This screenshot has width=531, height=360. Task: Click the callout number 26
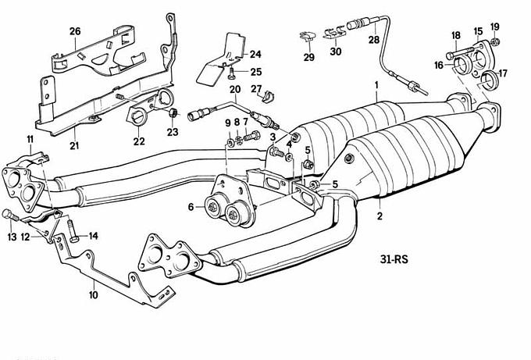pos(75,31)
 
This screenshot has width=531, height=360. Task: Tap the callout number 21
pos(74,145)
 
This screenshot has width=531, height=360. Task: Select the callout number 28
pos(374,40)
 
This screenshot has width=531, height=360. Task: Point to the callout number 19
pos(495,27)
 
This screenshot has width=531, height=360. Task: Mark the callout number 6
pos(190,207)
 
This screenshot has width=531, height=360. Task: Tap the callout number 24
pos(255,54)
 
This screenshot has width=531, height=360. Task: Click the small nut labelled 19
pos(497,41)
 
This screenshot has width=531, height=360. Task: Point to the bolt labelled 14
pos(69,228)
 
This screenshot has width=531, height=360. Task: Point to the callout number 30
pos(336,52)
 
